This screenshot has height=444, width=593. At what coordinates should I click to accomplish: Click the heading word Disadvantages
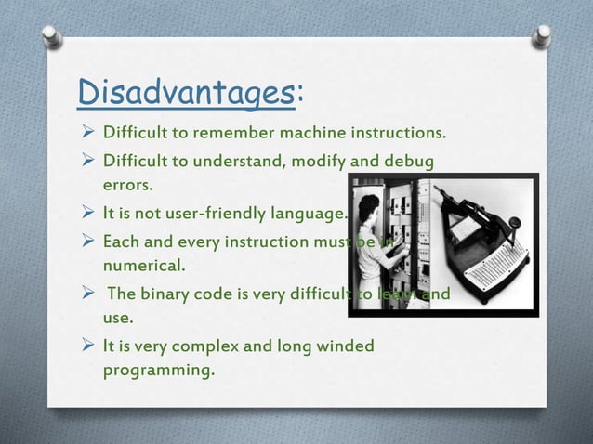[185, 93]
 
